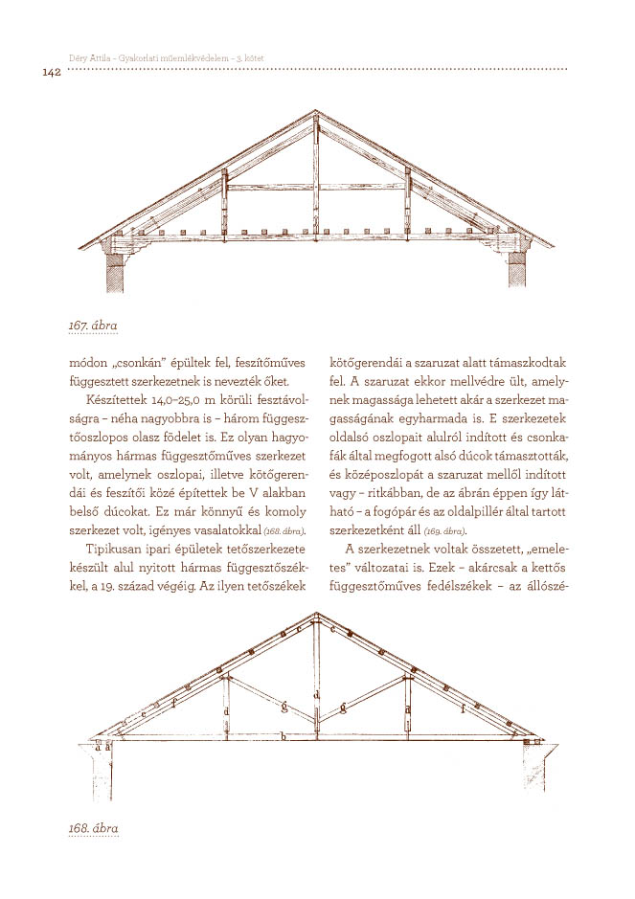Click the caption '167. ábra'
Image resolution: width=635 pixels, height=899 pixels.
93,326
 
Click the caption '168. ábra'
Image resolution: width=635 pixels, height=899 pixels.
93,825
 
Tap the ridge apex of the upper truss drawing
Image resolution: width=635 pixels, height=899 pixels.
316,113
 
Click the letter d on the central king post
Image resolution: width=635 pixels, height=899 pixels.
316,695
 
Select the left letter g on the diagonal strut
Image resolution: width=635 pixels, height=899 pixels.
284,708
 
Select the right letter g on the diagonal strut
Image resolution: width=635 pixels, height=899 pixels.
342,708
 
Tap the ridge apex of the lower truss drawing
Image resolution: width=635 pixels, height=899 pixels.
316,615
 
